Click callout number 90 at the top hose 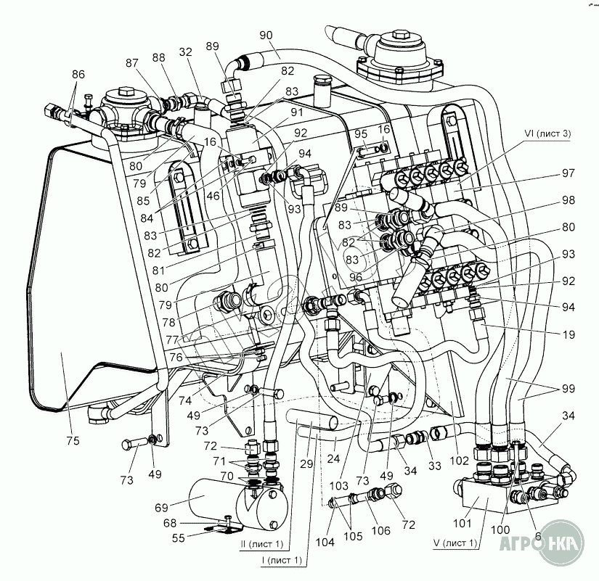[264, 34]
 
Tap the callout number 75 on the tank [73, 440]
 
